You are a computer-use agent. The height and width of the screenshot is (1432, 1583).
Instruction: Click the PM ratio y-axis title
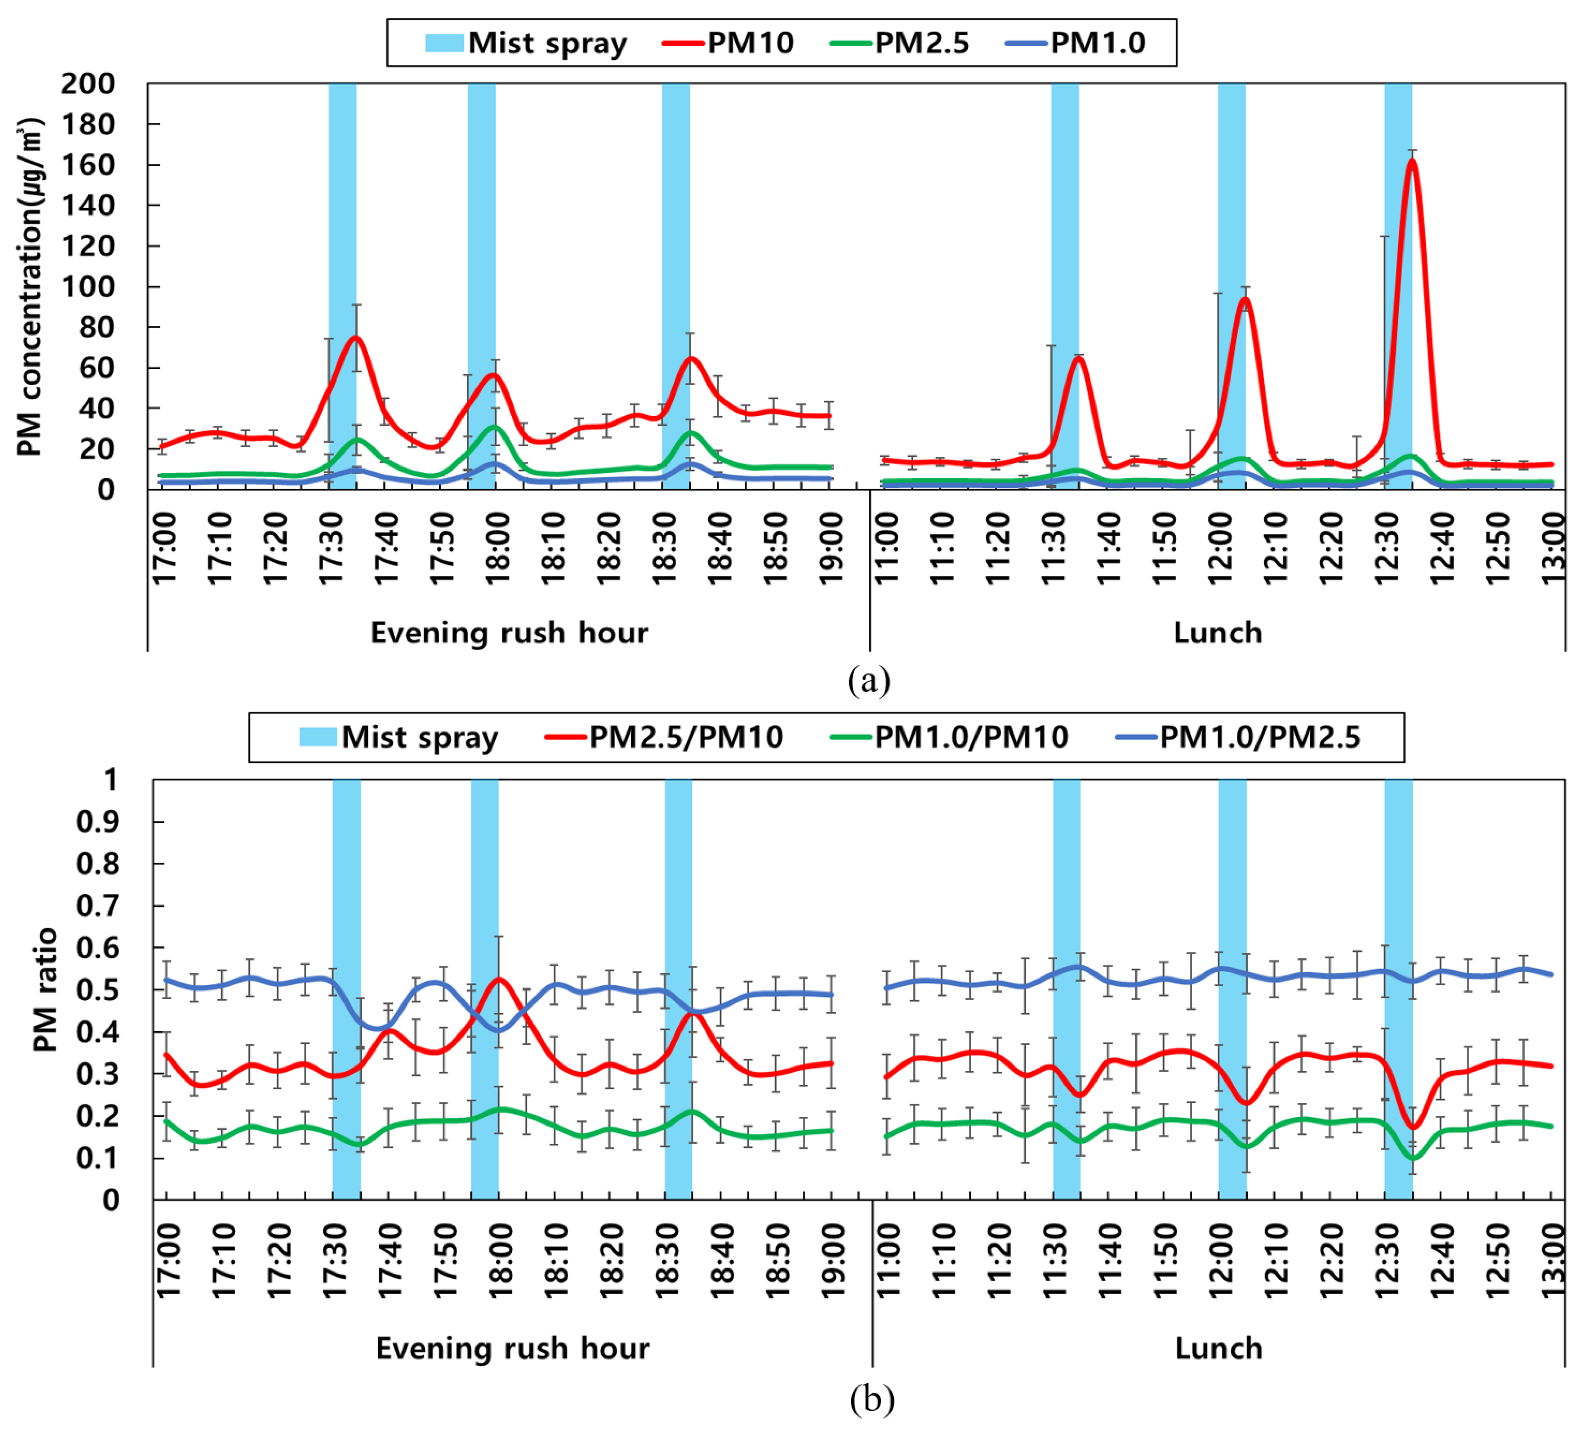pos(45,989)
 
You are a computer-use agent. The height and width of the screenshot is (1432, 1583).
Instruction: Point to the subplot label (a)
pos(869,680)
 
